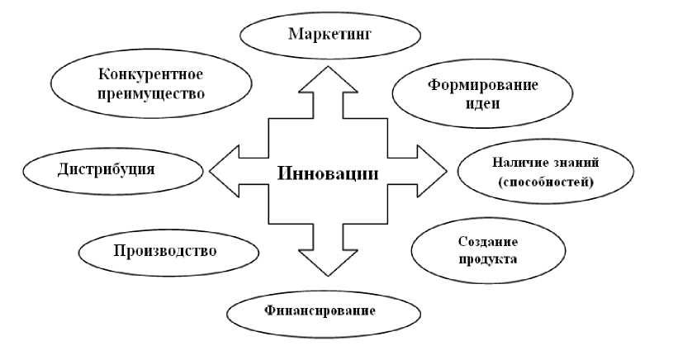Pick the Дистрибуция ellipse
tap(112, 169)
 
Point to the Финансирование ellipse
tap(320, 311)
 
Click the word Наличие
tap(515, 163)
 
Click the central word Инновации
tap(329, 174)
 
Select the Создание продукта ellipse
tap(464, 250)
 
